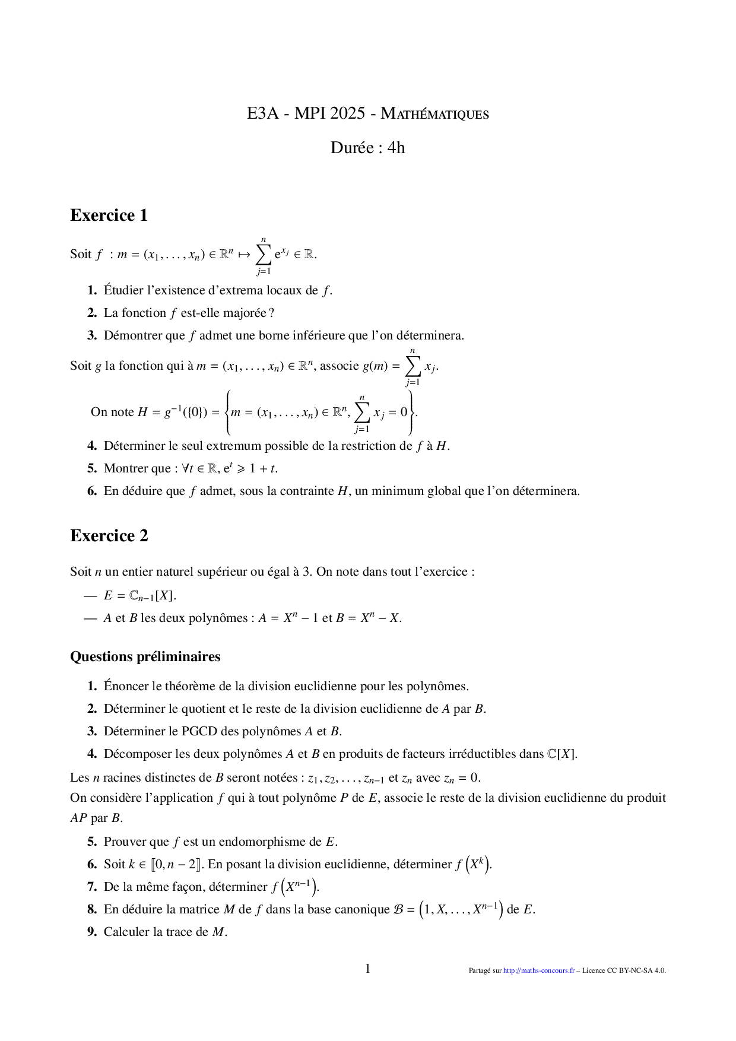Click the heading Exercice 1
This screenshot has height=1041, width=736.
(x=109, y=215)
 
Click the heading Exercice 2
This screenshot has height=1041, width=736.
(x=109, y=535)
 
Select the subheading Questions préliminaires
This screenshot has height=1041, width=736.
(x=145, y=656)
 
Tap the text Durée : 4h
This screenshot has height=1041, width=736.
(x=367, y=148)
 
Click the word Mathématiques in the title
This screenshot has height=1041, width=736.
(x=434, y=113)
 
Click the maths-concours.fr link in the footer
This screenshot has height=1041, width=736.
(x=538, y=970)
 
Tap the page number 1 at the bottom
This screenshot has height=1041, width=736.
(x=367, y=969)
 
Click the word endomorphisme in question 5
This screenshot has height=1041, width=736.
(x=253, y=842)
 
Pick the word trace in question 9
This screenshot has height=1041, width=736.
(x=182, y=932)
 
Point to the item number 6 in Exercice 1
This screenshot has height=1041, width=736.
(x=92, y=491)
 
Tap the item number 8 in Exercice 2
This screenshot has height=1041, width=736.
(x=92, y=909)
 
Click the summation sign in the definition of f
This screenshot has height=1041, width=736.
(x=264, y=254)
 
